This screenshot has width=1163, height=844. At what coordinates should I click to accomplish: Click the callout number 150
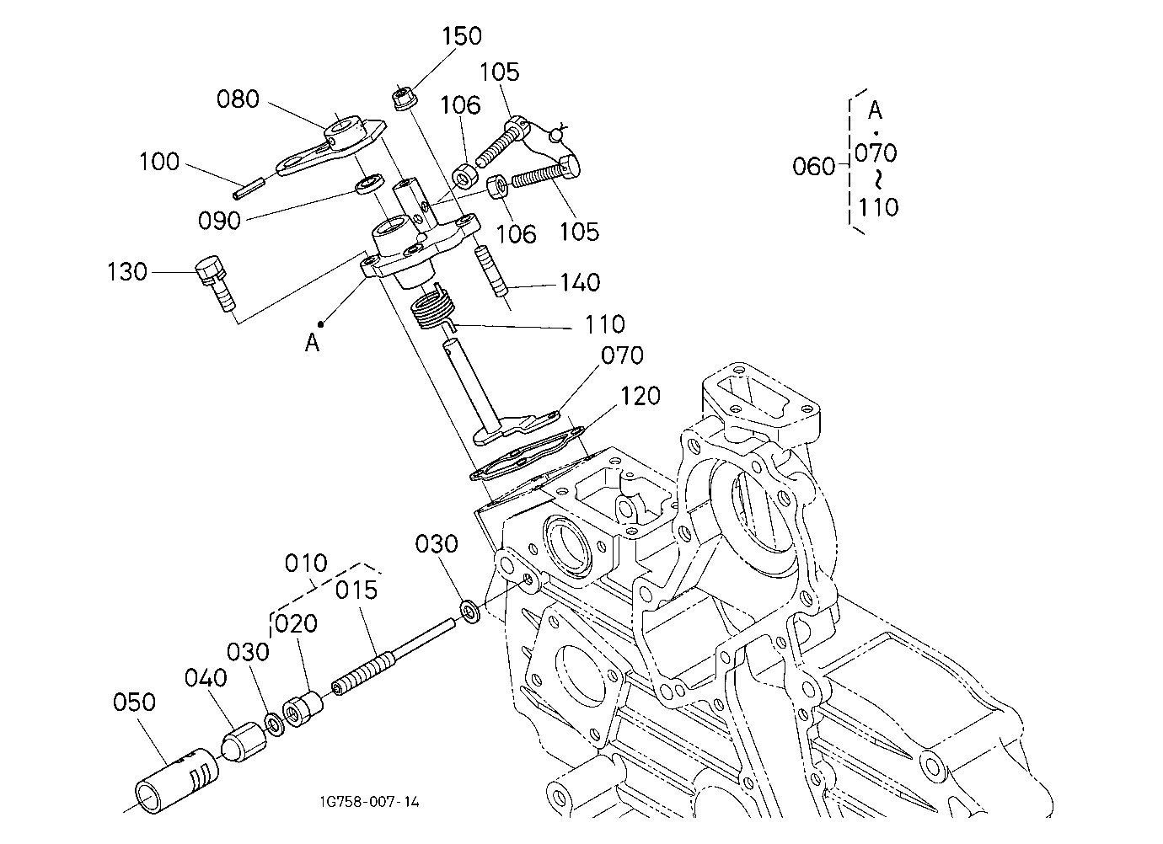coord(462,36)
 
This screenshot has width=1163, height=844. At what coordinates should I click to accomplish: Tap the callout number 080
coord(238,99)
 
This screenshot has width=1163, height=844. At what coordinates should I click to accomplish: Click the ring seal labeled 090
coord(370,184)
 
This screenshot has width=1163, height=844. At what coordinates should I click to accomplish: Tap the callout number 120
coord(640,396)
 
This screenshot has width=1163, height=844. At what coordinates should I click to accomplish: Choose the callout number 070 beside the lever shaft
coord(622,355)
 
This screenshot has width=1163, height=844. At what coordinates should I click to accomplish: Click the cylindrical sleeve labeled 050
coord(176,780)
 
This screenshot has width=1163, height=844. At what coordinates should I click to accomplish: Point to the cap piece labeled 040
coord(245,742)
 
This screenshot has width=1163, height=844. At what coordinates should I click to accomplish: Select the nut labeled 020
coord(303,708)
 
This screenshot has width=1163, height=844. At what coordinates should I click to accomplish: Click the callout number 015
coord(356,590)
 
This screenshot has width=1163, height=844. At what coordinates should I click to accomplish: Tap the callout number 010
coord(306,563)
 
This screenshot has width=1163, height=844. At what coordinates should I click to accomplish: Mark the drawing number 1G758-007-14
coord(370,802)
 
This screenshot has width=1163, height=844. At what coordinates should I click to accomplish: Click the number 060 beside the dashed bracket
coord(813,167)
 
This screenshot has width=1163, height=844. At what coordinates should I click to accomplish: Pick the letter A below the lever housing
coord(312,343)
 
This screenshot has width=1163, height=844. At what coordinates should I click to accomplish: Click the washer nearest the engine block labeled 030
coord(470,612)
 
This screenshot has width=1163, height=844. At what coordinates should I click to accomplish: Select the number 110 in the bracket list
coord(877,207)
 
